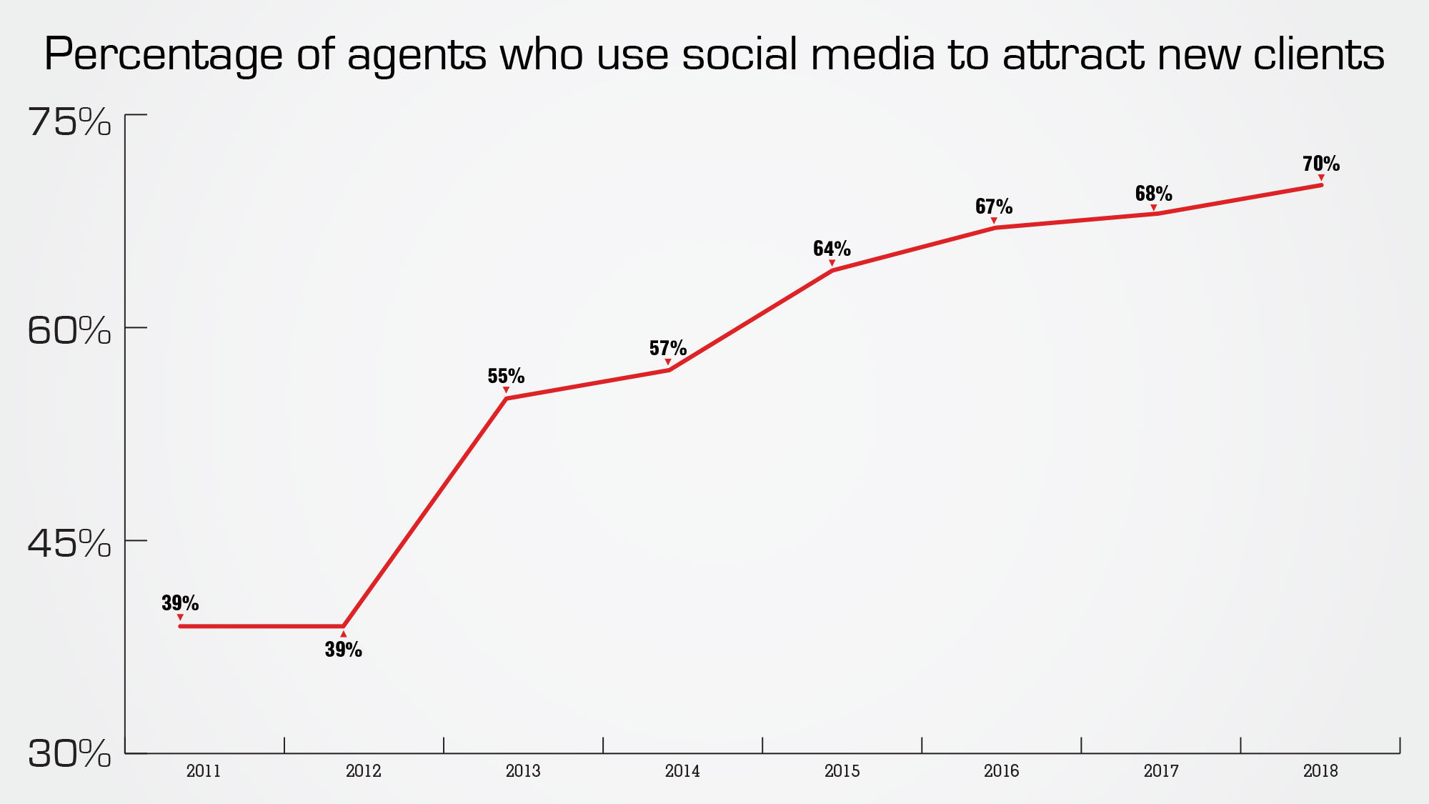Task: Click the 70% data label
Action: [x=1320, y=164]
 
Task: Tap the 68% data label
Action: [x=1153, y=194]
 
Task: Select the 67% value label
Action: [x=993, y=207]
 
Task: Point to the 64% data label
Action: [x=832, y=249]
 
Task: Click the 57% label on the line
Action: [x=667, y=348]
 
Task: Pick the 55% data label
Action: [x=506, y=376]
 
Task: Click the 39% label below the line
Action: [x=343, y=650]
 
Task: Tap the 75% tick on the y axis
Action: [x=69, y=122]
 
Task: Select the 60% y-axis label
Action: [x=69, y=331]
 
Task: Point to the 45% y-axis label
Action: [x=69, y=544]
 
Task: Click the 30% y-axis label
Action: [x=69, y=754]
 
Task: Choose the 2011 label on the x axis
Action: [x=204, y=771]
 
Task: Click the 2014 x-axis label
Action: [x=682, y=771]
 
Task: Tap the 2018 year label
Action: [x=1320, y=771]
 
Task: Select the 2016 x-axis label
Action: [x=1001, y=771]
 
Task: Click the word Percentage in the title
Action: [x=164, y=56]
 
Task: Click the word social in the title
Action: [x=739, y=54]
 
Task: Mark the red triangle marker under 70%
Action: [x=1321, y=177]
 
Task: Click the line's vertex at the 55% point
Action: [x=506, y=398]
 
